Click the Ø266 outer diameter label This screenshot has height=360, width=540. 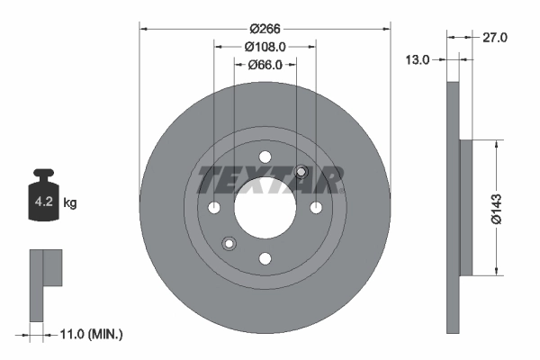(265, 29)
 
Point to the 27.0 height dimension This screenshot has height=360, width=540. (496, 37)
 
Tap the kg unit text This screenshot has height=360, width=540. (70, 203)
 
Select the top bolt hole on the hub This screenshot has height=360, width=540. (265, 157)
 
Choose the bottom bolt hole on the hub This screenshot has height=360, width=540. (265, 259)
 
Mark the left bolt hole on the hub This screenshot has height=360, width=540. (214, 208)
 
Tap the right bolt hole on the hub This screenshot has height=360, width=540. (316, 208)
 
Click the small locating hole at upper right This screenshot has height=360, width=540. (301, 173)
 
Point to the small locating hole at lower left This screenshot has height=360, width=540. (229, 243)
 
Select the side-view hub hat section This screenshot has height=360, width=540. (465, 207)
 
